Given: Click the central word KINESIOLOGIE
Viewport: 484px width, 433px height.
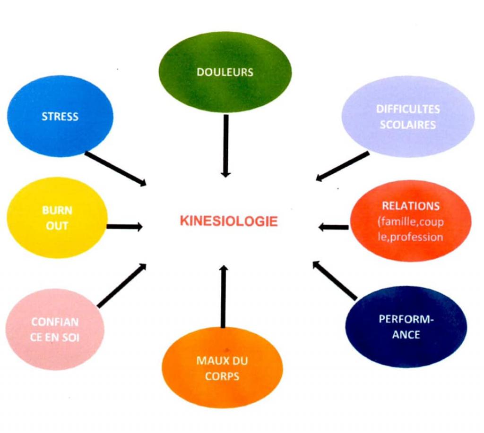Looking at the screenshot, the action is [x=229, y=221].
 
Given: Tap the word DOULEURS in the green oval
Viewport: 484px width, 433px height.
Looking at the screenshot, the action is [x=225, y=72].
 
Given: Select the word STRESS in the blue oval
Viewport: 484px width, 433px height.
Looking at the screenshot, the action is [x=60, y=117].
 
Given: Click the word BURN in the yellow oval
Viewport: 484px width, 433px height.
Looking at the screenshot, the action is [x=57, y=210].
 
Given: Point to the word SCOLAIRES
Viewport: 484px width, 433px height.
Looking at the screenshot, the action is [x=408, y=125].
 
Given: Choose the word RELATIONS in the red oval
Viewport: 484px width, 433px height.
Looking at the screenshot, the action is [x=411, y=206].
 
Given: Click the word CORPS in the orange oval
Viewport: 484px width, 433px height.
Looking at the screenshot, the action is [x=222, y=376].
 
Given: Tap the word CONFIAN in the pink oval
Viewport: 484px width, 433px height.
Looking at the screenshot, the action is [x=55, y=322].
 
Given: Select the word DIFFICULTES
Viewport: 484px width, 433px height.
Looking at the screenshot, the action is [x=408, y=109].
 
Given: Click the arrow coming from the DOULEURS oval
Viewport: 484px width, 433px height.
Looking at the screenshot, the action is [x=226, y=146].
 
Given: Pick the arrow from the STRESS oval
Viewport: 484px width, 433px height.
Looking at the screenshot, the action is [x=115, y=169].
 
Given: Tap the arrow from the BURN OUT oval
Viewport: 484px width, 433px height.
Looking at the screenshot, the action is [x=124, y=227].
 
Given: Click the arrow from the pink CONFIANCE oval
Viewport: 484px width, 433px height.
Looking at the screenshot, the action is [x=121, y=286].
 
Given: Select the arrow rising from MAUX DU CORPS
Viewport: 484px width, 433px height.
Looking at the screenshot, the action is [x=224, y=297].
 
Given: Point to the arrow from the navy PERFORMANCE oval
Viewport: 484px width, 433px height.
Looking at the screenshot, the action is [x=335, y=280].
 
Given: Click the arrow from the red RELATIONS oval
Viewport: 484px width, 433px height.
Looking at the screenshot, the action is [x=333, y=227].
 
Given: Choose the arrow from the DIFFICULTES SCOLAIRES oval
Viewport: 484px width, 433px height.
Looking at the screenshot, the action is [x=343, y=166].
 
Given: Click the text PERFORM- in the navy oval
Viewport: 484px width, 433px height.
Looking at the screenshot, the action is [x=406, y=319].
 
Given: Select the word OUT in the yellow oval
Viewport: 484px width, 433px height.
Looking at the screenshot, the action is [x=57, y=226].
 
